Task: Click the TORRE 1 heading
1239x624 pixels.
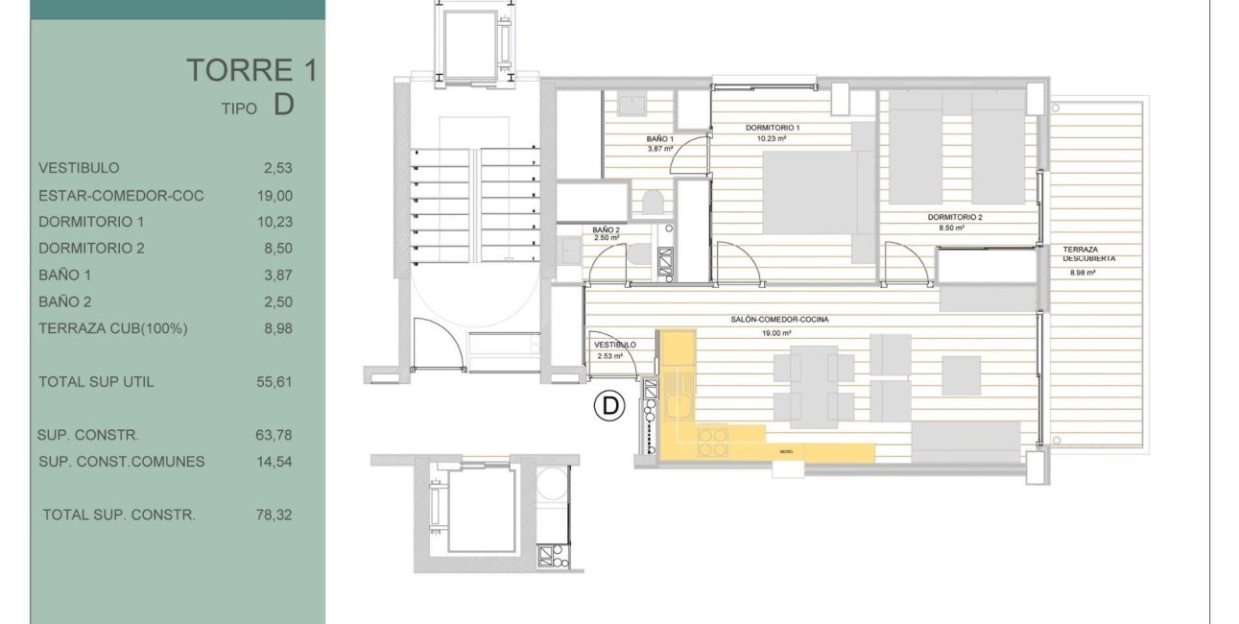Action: (x=250, y=70)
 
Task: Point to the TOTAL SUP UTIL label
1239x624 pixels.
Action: (x=96, y=382)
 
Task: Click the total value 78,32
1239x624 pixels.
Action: (x=276, y=515)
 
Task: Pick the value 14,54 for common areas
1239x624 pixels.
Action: (x=276, y=461)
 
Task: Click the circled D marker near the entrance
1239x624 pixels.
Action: (x=608, y=407)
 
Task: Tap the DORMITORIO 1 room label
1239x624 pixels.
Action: (x=773, y=128)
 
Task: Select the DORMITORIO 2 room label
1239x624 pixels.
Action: (x=955, y=218)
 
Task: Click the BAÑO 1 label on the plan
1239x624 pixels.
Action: (x=660, y=140)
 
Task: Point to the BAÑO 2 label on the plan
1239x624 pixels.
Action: (x=606, y=230)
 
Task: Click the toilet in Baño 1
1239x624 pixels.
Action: (x=653, y=203)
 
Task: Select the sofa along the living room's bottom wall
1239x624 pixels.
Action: (x=965, y=441)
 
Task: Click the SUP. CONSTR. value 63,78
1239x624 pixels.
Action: (x=276, y=435)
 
